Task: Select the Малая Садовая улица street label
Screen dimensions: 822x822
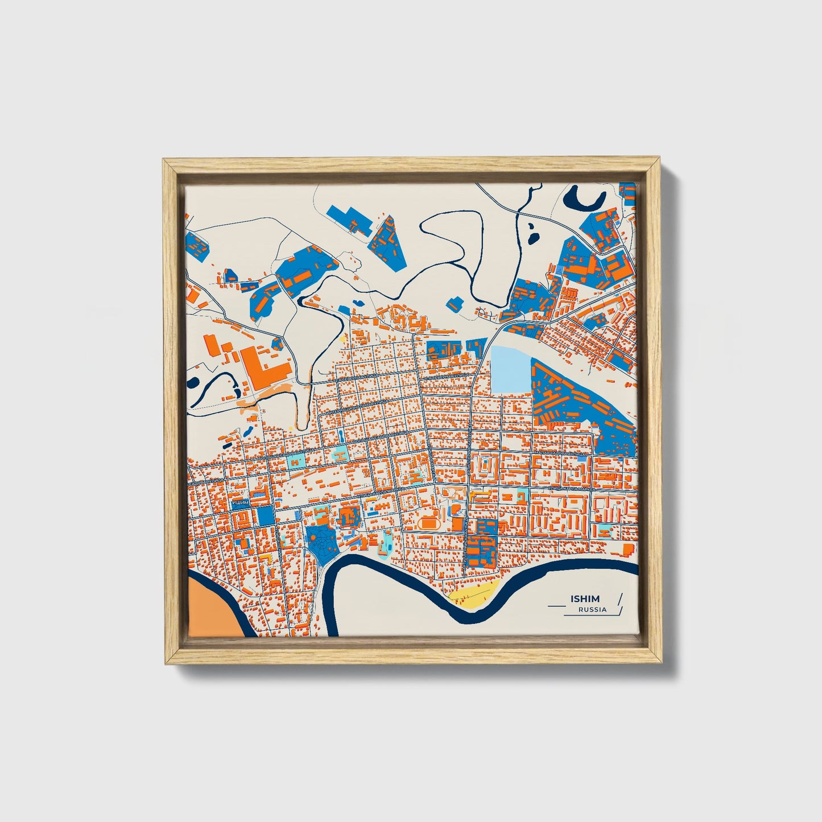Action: [560, 453]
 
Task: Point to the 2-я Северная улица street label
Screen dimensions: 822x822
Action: [355, 379]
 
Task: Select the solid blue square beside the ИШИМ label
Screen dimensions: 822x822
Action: [266, 515]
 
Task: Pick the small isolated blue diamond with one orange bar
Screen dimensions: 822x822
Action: [453, 304]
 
